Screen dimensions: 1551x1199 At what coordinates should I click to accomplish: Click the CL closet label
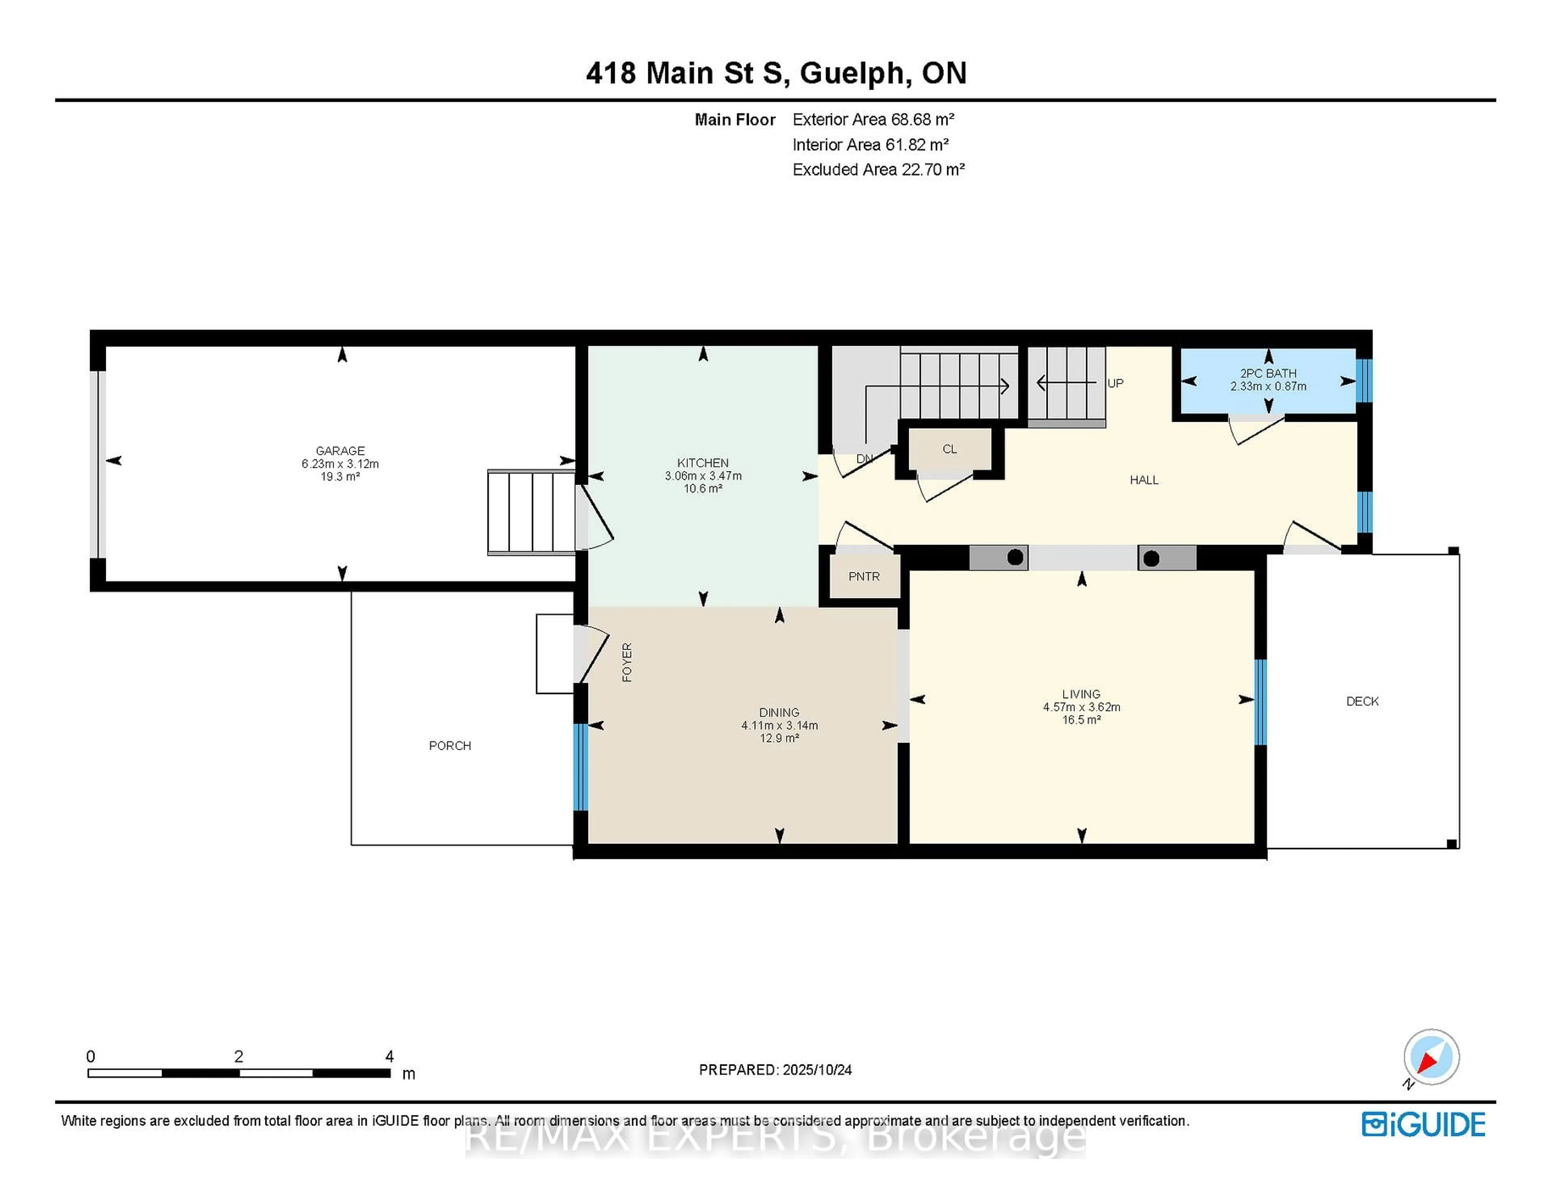tap(950, 449)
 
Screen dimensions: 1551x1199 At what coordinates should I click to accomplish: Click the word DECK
tap(1362, 701)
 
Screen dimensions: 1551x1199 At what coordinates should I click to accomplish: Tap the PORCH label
tap(450, 745)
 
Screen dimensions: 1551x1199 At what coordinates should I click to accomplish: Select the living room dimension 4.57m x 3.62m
tap(1082, 707)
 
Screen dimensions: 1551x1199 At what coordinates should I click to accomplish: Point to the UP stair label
tap(1116, 383)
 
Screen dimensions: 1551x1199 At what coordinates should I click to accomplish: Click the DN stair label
tap(864, 459)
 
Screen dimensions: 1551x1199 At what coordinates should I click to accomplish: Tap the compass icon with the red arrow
tap(1431, 1057)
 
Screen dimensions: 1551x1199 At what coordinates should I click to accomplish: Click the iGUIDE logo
tap(1423, 1124)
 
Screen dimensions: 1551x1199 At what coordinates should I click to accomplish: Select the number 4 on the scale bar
tap(389, 1056)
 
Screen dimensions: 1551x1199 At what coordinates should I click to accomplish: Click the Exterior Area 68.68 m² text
tap(874, 119)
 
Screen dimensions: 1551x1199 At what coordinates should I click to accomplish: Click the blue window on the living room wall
tap(1261, 702)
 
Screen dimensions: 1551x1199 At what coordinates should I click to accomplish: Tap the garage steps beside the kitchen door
tap(531, 511)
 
